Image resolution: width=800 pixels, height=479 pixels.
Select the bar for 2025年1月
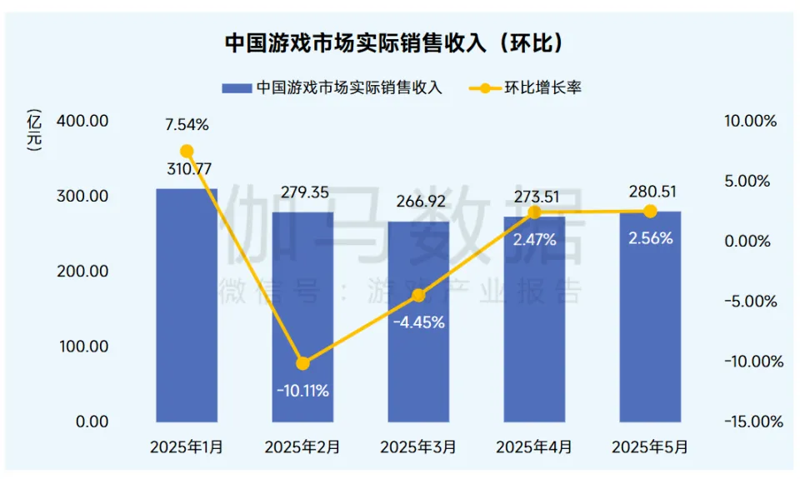pos(187,308)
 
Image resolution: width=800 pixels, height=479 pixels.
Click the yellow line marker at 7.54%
pos(187,152)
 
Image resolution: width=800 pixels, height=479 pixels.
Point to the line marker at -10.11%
pos(302,363)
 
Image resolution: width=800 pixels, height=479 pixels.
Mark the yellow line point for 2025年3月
pos(418,295)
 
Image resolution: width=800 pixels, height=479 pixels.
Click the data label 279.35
pos(302,192)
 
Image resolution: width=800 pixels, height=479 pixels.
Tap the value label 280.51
pos(650,192)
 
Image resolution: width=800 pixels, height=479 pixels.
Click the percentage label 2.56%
pos(650,237)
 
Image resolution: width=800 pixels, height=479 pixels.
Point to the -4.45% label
pos(418,322)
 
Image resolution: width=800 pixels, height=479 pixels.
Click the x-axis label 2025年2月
pos(302,447)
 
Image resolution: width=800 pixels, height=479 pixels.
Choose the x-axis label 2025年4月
pos(534,447)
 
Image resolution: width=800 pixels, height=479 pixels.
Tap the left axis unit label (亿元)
pos(34,132)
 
